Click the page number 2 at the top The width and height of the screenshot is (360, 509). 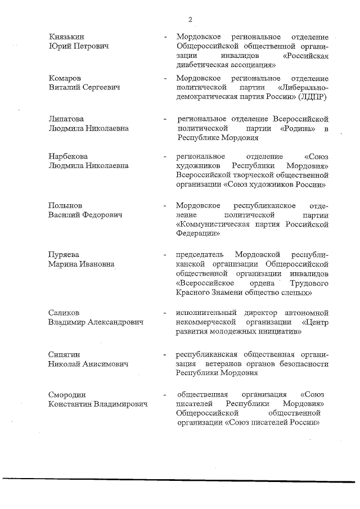191,20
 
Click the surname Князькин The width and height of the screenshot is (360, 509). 65,36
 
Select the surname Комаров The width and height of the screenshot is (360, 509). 65,78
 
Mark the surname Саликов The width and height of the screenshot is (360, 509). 64,313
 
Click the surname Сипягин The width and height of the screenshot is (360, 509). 64,354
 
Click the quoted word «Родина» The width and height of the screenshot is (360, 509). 298,129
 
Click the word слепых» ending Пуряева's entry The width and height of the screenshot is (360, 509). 296,293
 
